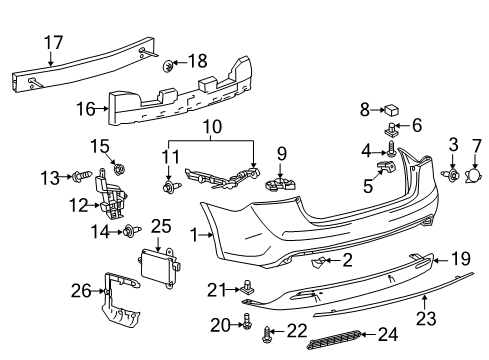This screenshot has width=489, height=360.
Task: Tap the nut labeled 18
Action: tap(168, 67)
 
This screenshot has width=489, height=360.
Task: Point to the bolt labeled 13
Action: tap(77, 177)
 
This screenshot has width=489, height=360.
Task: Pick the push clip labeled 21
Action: tap(245, 288)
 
